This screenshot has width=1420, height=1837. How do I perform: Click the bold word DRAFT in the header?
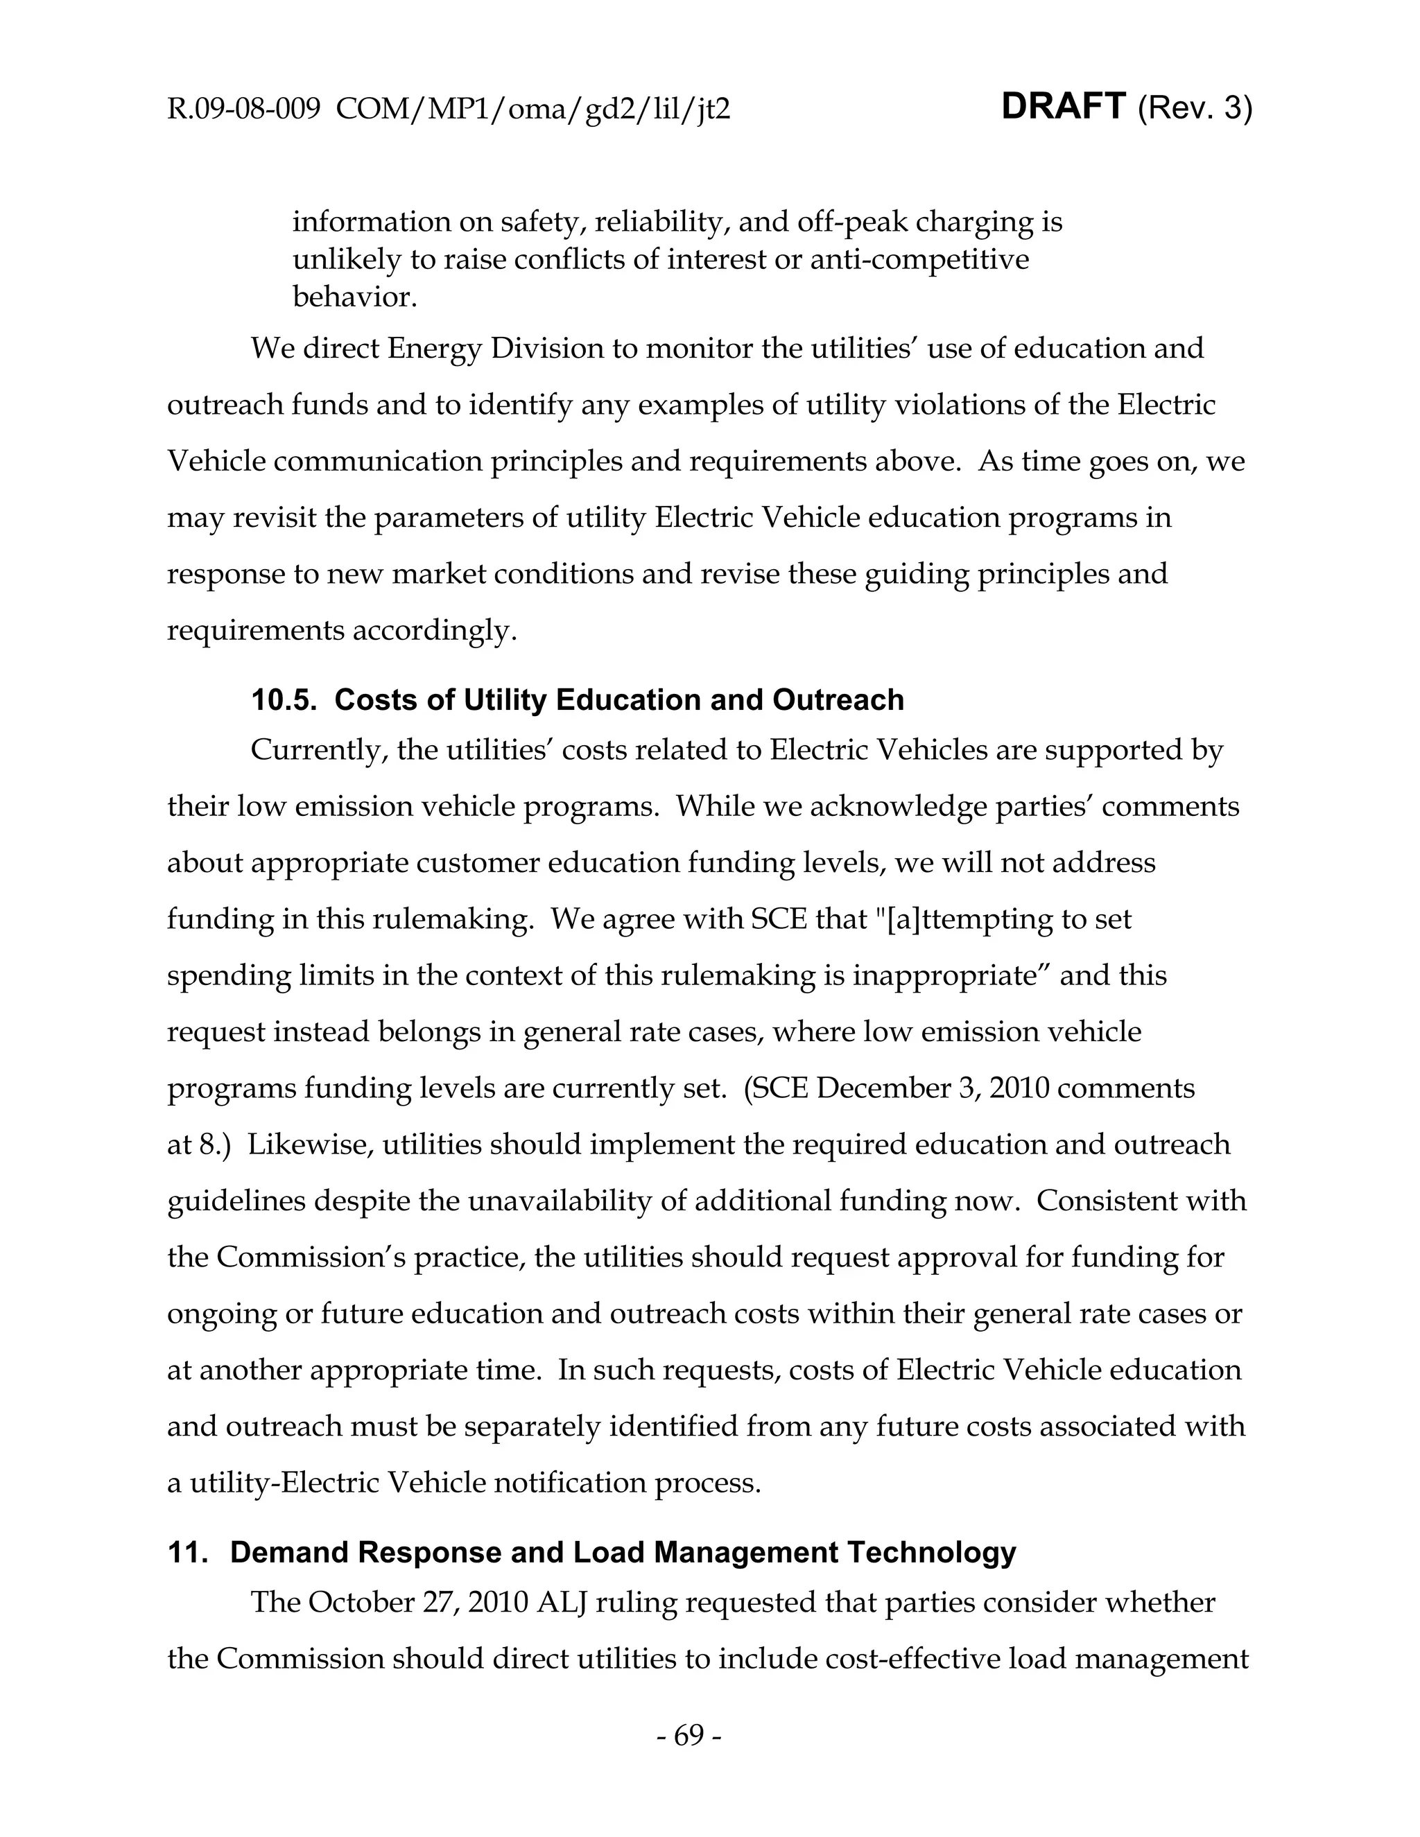click(x=1064, y=107)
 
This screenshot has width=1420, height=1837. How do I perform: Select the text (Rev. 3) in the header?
click(x=1195, y=109)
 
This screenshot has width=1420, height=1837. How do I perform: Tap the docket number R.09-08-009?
click(x=244, y=110)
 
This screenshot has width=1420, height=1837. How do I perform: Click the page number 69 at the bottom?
click(x=688, y=1735)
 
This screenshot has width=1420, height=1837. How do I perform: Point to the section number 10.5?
click(x=283, y=700)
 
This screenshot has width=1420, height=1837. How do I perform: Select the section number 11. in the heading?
click(x=187, y=1552)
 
